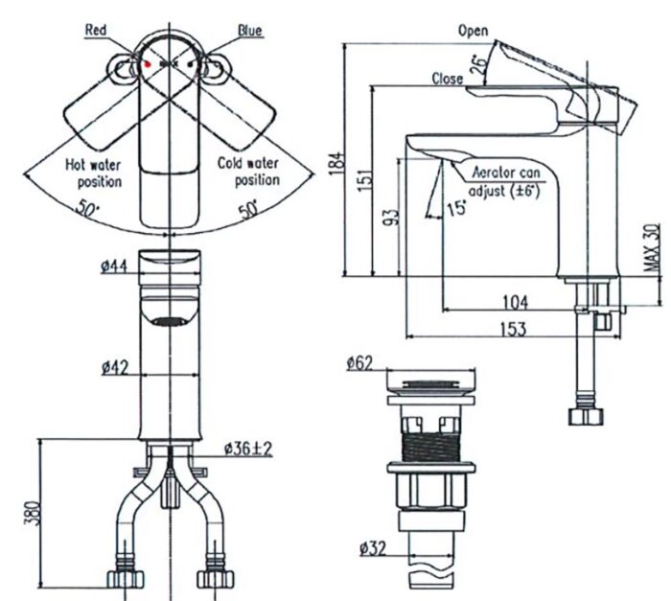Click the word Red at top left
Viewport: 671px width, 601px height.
point(96,31)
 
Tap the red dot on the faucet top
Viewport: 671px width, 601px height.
point(146,62)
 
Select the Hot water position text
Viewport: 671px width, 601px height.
point(93,172)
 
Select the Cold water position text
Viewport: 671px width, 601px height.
point(248,172)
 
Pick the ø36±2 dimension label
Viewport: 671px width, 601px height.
point(248,448)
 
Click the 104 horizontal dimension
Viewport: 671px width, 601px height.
point(515,302)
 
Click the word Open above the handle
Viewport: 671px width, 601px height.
point(474,31)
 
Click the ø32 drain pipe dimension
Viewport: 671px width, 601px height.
point(373,548)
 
